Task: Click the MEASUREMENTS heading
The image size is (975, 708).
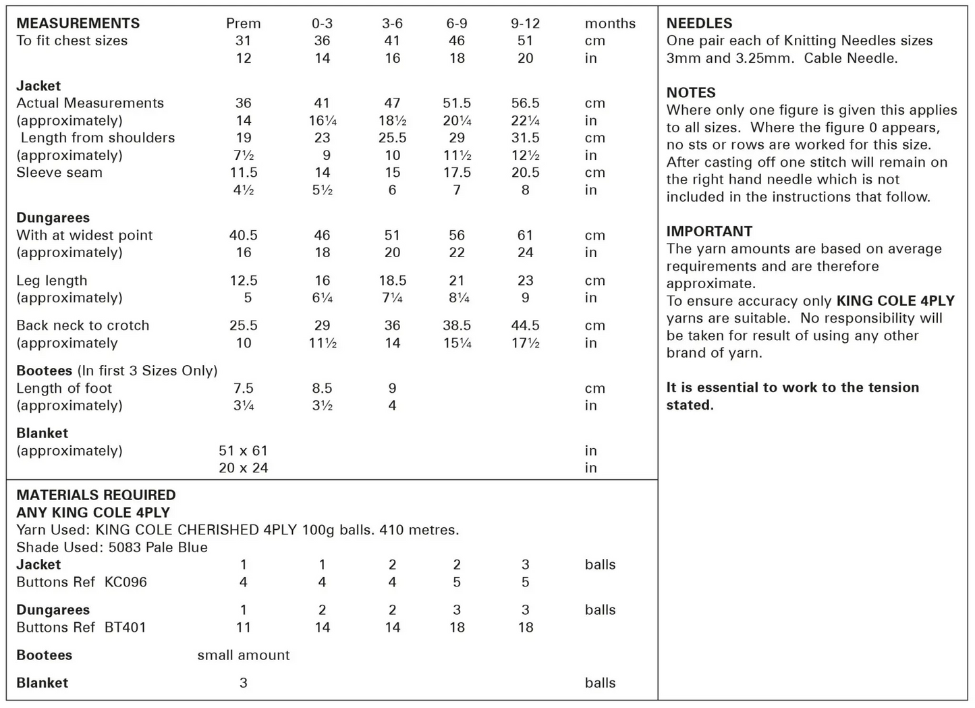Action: [78, 23]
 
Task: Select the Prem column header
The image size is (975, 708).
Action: [243, 23]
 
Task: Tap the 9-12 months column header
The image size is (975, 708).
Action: [525, 23]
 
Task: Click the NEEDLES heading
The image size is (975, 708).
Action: [699, 23]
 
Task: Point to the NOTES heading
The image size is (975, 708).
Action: [691, 92]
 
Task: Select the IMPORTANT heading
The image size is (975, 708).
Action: [709, 231]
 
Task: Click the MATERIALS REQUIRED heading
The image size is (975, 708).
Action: [96, 495]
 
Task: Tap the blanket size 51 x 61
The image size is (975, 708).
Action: [243, 450]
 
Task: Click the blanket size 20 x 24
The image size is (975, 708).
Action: [243, 468]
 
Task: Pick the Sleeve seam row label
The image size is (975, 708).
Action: [59, 172]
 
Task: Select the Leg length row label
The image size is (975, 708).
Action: [52, 280]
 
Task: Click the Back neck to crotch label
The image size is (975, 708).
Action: [82, 325]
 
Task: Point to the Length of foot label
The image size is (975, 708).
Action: [64, 388]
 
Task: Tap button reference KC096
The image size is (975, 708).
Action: [126, 582]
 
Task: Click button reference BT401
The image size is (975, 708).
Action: [126, 627]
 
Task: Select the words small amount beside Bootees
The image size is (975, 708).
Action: [243, 655]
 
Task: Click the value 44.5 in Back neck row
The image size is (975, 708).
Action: [525, 325]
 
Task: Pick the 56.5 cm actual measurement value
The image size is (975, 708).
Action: [525, 103]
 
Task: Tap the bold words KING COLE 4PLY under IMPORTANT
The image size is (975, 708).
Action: [895, 300]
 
